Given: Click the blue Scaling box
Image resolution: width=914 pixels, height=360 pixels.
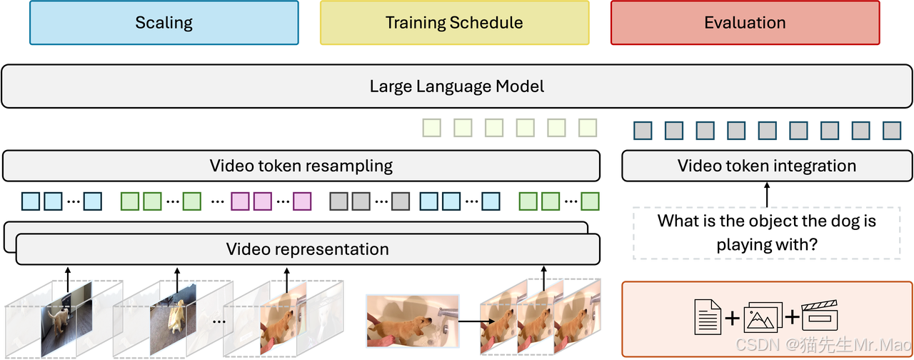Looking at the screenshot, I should [x=164, y=23].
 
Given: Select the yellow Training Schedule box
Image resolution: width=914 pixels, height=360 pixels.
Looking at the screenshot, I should [x=454, y=23].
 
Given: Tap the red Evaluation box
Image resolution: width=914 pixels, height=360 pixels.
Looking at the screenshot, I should [x=745, y=23].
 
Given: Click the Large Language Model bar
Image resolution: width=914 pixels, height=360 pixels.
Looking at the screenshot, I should [x=457, y=86].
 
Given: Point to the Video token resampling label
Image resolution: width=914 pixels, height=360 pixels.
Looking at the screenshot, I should [x=301, y=166].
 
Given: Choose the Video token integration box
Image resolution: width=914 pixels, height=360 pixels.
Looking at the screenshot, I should [x=766, y=166].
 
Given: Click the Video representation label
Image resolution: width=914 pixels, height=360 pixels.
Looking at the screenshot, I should [x=307, y=249].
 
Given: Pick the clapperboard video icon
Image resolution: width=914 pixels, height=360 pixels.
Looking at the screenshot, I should [x=819, y=316].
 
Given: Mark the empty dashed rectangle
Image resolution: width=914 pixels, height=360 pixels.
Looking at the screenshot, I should [x=766, y=233].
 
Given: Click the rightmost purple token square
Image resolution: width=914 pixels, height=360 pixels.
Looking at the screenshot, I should [x=303, y=201].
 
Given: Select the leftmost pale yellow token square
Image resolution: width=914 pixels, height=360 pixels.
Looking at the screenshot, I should [x=431, y=128].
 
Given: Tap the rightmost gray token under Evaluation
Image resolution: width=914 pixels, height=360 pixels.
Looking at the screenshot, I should [x=892, y=130].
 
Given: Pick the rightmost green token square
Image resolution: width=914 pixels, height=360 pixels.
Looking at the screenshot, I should [x=589, y=201].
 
